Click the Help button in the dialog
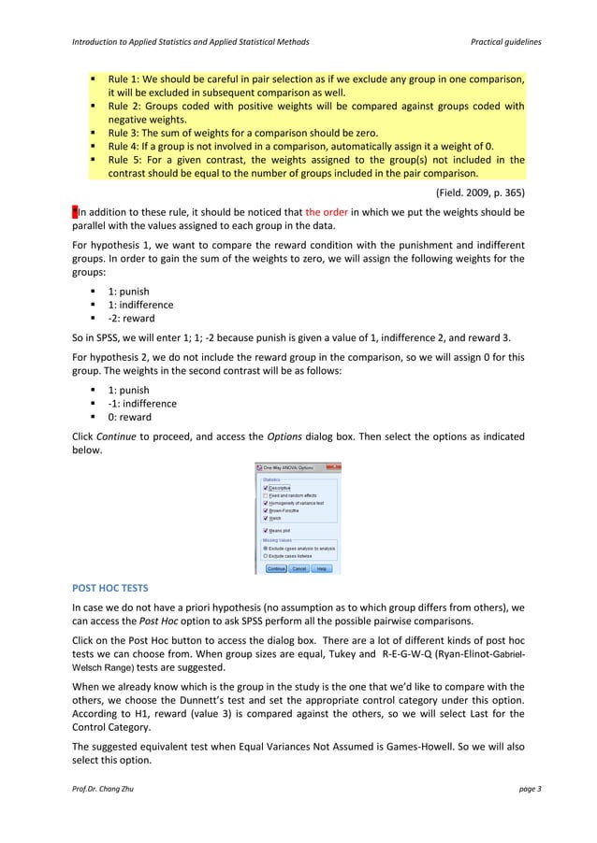[322, 567]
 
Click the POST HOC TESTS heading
[109, 590]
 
